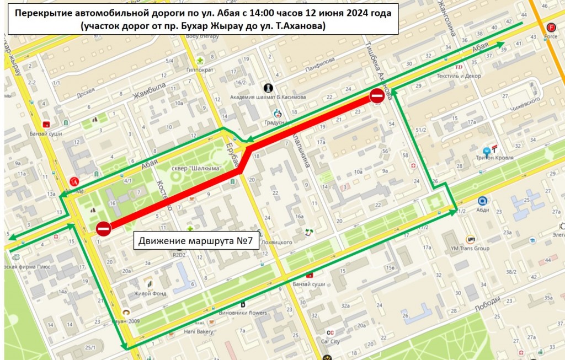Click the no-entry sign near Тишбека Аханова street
[x=377, y=96]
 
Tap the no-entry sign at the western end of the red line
[x=103, y=228]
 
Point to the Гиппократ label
[x=200, y=70]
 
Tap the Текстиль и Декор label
[x=458, y=76]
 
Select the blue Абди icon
[x=482, y=202]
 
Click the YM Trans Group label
[x=470, y=248]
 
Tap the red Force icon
[x=551, y=28]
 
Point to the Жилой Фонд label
[x=151, y=294]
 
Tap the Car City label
[x=331, y=341]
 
